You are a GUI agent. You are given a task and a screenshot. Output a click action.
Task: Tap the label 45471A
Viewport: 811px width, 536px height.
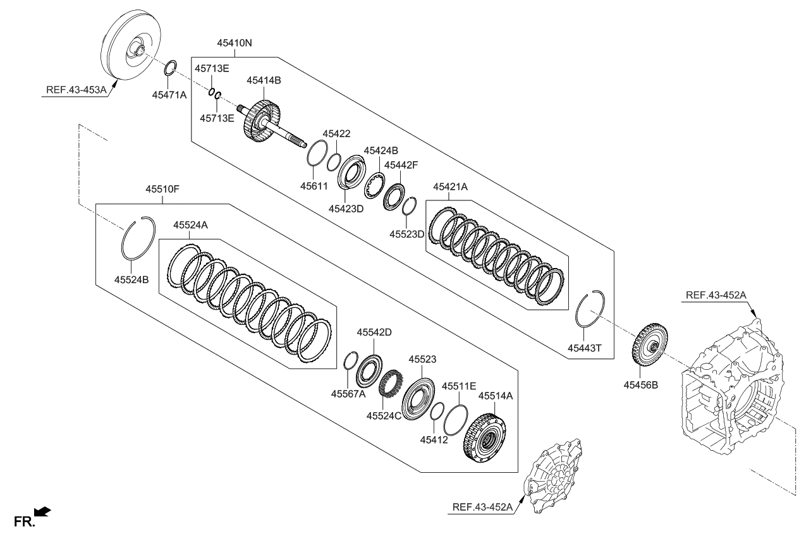pyautogui.click(x=169, y=95)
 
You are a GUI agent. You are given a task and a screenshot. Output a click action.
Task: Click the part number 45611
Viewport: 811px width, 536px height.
pyautogui.click(x=315, y=186)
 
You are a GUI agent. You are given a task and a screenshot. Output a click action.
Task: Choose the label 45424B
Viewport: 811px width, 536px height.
pyautogui.click(x=381, y=150)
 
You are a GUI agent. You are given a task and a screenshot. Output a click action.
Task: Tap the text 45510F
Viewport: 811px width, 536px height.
pyautogui.click(x=163, y=189)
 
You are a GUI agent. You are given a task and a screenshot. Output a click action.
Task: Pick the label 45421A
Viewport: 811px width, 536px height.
pyautogui.click(x=450, y=187)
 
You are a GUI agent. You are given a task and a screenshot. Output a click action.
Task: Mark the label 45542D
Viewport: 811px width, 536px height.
pyautogui.click(x=374, y=332)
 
